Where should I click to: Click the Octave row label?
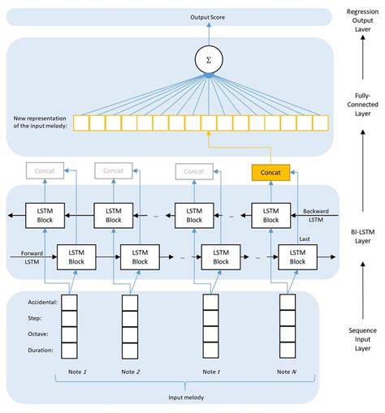pyautogui.click(x=41, y=333)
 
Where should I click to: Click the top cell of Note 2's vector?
pyautogui.click(x=130, y=302)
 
